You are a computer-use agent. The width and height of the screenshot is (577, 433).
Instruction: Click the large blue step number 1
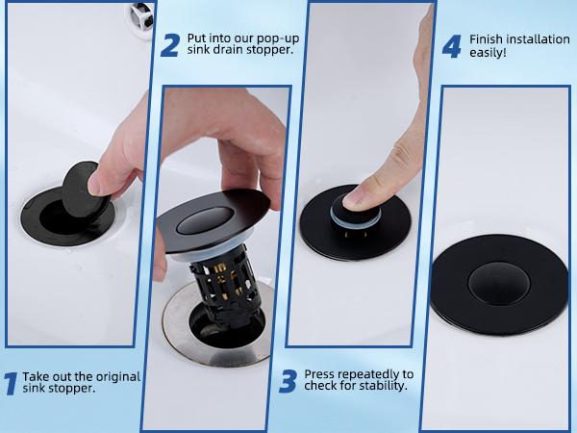pyautogui.click(x=10, y=384)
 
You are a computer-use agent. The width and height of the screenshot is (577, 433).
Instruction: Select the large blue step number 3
pyautogui.click(x=288, y=381)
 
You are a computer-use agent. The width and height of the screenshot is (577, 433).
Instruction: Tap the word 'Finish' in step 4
pyautogui.click(x=487, y=39)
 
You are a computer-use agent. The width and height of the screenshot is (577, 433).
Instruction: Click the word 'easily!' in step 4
pyautogui.click(x=488, y=53)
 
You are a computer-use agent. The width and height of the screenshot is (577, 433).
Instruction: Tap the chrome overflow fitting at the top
pyautogui.click(x=141, y=12)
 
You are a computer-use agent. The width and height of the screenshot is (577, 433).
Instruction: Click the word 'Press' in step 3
pyautogui.click(x=320, y=373)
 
